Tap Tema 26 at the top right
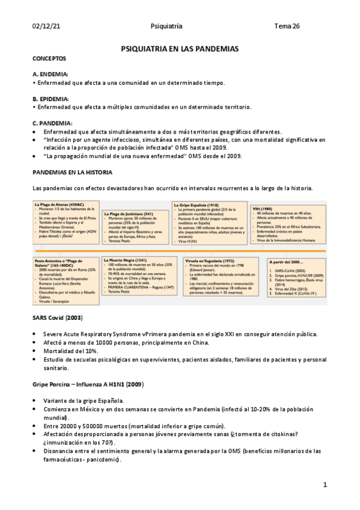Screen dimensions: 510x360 tap(287, 26)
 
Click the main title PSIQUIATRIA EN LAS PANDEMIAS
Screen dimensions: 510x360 tap(180, 48)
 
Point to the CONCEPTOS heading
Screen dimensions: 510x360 tap(49, 58)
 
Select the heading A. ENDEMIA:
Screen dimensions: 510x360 tap(50, 74)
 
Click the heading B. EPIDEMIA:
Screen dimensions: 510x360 tap(50, 99)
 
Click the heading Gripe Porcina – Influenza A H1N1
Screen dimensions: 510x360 tap(88, 384)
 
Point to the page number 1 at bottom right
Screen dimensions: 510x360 tap(325, 485)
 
